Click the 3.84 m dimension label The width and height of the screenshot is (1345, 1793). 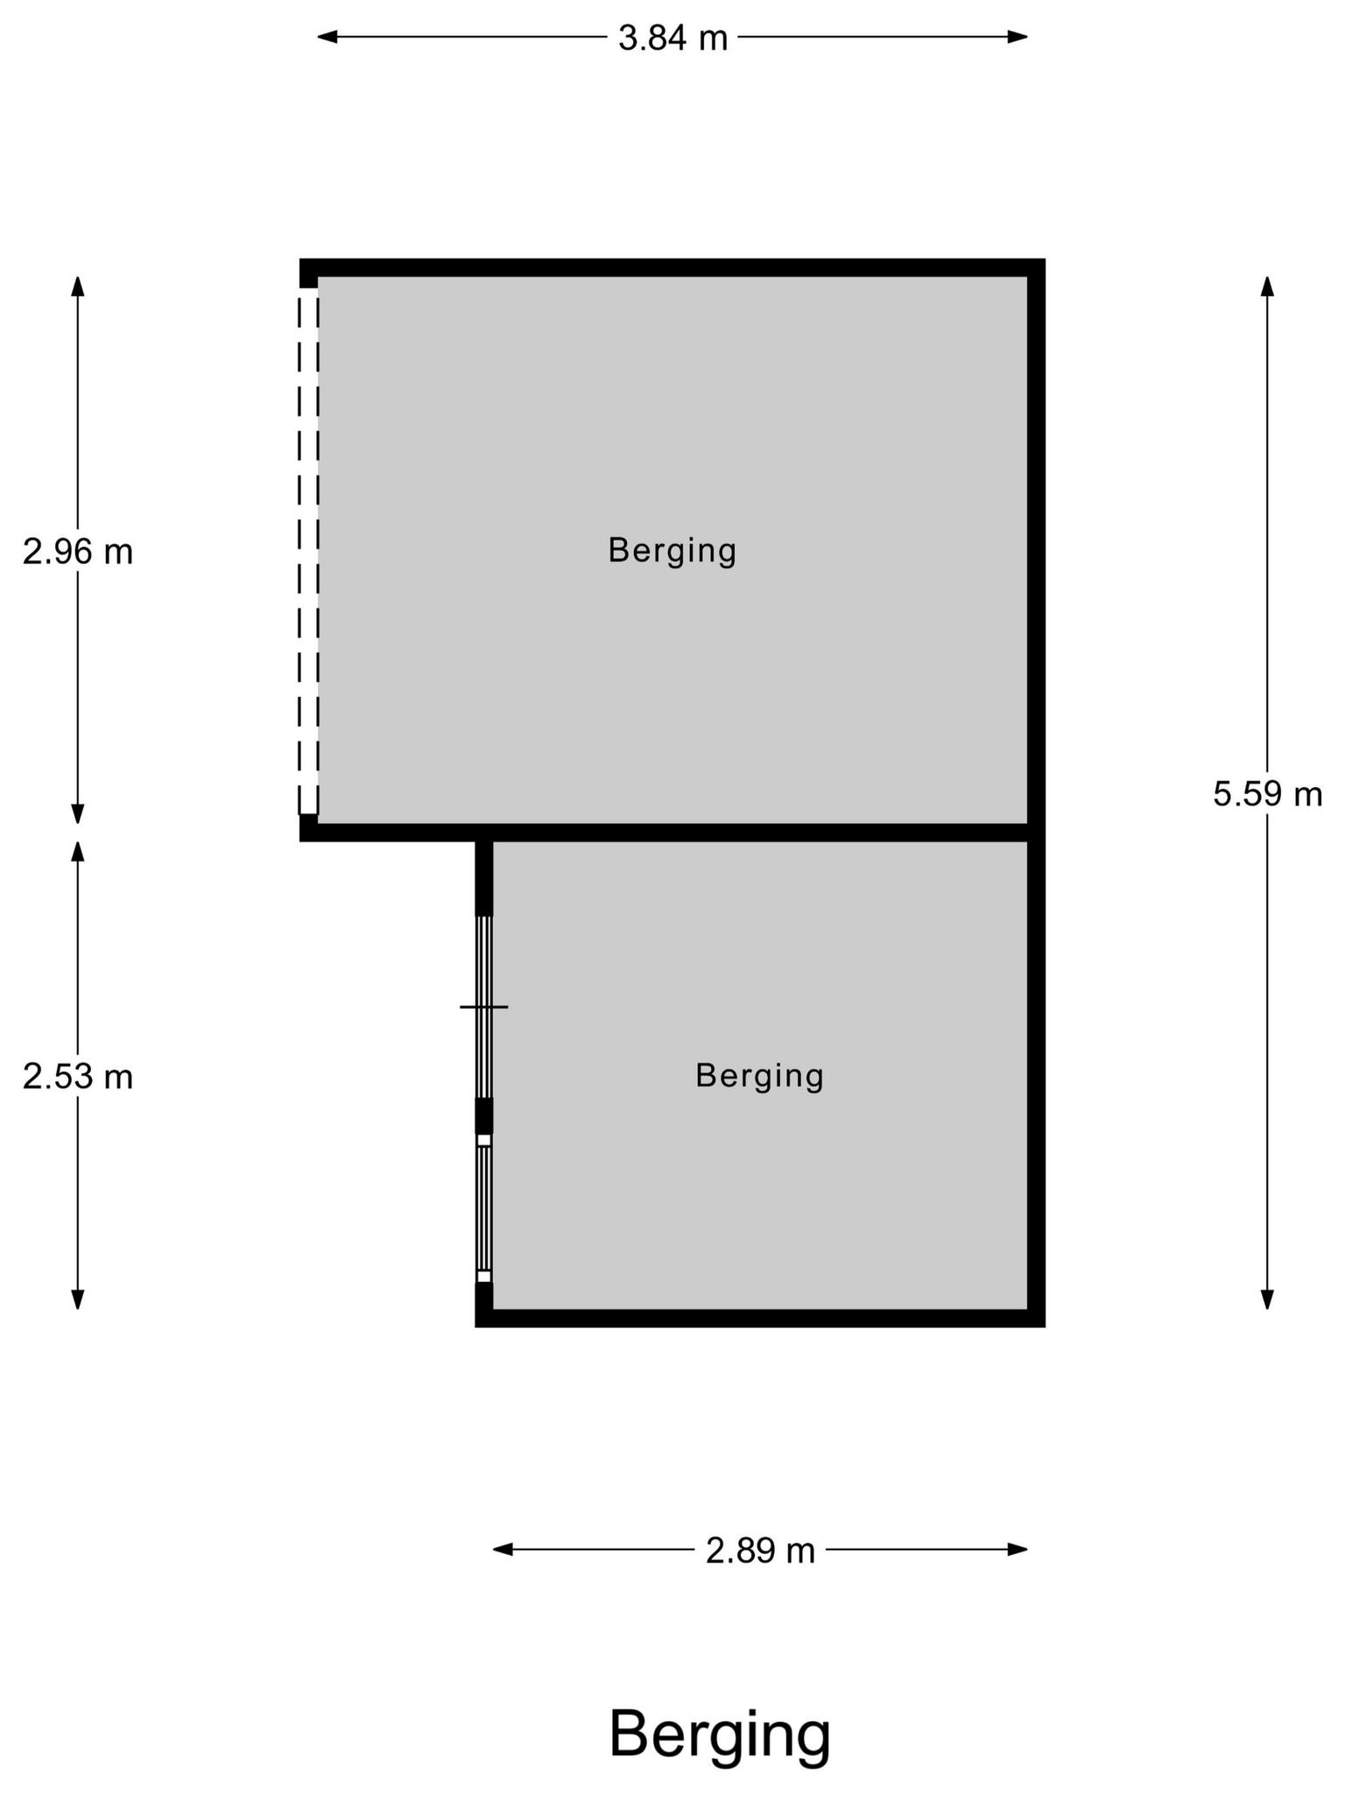(672, 38)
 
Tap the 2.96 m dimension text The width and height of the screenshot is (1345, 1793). (78, 552)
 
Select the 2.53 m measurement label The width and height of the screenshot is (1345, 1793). (78, 1077)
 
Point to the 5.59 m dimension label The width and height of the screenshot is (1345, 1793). (1267, 794)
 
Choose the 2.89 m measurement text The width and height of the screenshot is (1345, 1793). (760, 1550)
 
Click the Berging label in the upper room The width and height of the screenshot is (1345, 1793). (672, 552)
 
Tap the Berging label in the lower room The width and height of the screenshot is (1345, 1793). (760, 1077)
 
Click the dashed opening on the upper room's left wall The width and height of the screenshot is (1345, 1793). (308, 551)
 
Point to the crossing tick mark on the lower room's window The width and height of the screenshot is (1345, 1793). (483, 1007)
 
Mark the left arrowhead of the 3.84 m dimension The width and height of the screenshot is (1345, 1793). (327, 37)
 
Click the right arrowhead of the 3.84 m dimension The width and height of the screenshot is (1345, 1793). (1018, 37)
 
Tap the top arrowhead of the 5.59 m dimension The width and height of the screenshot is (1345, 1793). (1267, 286)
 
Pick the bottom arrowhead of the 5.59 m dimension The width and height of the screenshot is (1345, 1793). (1267, 1299)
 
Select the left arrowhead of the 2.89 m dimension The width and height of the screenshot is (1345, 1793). (503, 1550)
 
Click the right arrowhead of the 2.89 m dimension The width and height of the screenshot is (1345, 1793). (1018, 1550)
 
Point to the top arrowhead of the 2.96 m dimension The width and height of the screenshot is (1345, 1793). (78, 286)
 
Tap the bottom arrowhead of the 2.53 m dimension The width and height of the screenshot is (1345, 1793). (78, 1299)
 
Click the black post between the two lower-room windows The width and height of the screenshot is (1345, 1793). (483, 1116)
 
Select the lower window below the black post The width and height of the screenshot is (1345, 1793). (483, 1208)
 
